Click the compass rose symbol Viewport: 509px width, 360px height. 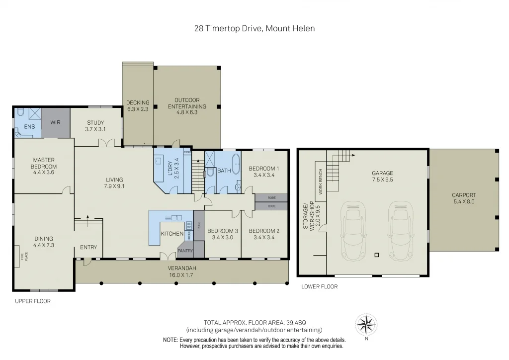pyautogui.click(x=366, y=324)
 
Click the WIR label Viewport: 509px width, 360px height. pyautogui.click(x=55, y=121)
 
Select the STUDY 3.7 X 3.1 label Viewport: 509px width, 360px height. pyautogui.click(x=95, y=126)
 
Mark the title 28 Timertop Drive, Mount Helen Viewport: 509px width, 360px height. pyautogui.click(x=254, y=28)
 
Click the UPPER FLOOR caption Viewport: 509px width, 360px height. pyautogui.click(x=33, y=301)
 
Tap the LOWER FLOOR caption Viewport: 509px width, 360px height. pyautogui.click(x=320, y=286)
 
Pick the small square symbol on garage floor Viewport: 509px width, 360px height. pyautogui.click(x=376, y=255)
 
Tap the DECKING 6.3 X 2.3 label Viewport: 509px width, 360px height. pyautogui.click(x=138, y=105)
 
